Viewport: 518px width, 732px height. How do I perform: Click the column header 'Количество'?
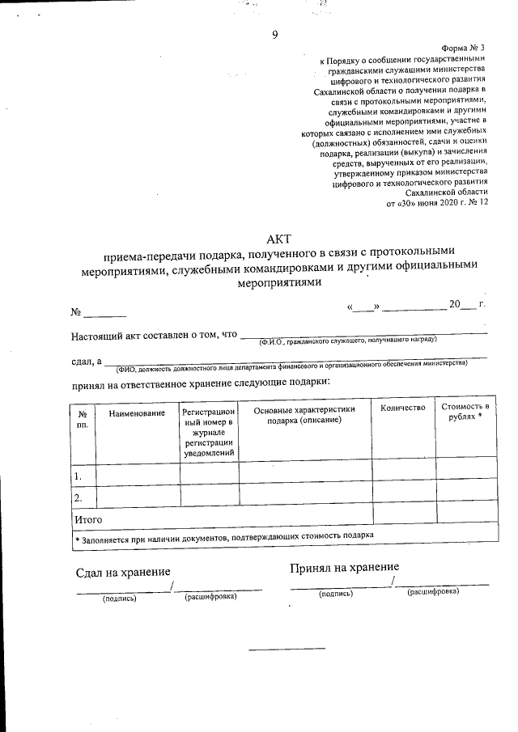point(402,408)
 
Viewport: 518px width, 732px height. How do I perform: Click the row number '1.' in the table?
point(78,476)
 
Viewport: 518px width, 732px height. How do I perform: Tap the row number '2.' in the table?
point(79,497)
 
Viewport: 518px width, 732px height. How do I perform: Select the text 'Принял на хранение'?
point(345,568)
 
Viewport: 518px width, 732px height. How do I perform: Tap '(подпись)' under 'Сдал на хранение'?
point(119,599)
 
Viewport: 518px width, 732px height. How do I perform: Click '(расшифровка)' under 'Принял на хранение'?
point(433,591)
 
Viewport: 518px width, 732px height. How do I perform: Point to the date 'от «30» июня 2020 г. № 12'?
point(438,205)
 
